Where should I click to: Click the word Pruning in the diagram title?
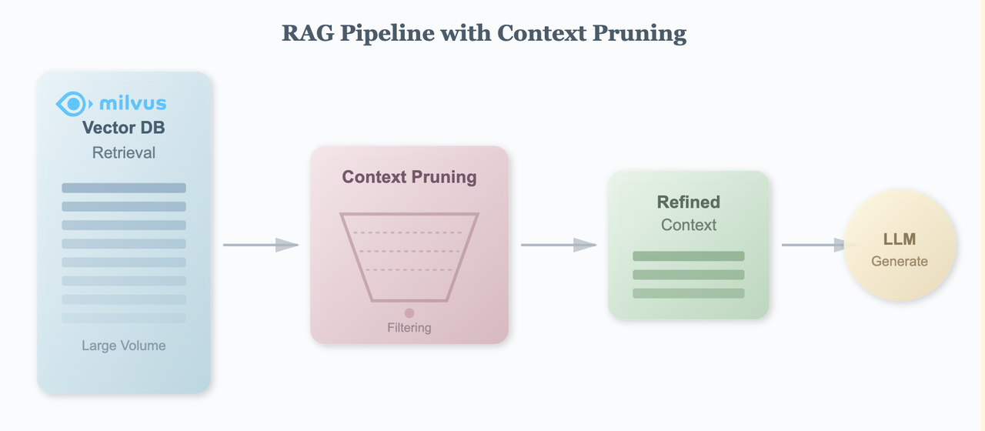tap(646, 34)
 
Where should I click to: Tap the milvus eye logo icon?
tap(74, 103)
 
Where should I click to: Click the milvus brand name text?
tap(132, 103)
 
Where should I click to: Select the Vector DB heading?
tap(123, 128)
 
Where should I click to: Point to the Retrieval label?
tap(123, 152)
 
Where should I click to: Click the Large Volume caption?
tap(123, 346)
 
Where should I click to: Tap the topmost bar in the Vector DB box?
tap(123, 188)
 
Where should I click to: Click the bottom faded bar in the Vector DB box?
tap(123, 318)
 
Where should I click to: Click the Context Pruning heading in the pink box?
tap(409, 177)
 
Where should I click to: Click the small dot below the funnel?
tap(409, 312)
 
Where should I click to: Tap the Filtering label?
tap(409, 328)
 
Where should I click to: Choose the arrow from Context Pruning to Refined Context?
tap(558, 245)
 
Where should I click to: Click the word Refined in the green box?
tap(688, 202)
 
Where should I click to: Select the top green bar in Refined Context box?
tap(688, 256)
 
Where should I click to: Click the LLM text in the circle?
tap(899, 240)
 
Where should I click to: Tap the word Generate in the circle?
tap(899, 262)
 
